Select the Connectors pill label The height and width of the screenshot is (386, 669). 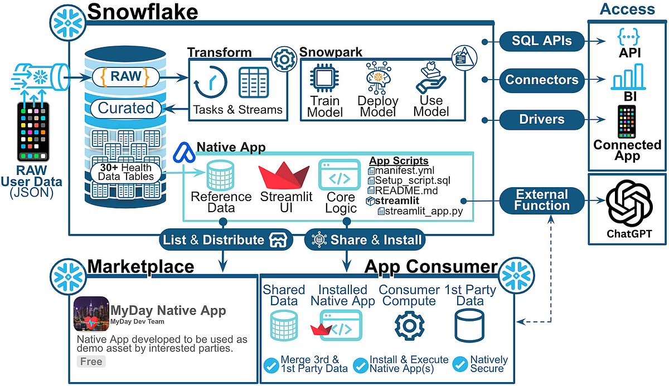click(541, 80)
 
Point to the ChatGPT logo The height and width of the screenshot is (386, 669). click(629, 204)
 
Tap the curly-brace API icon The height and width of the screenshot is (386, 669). click(628, 36)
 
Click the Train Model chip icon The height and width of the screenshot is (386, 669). click(325, 79)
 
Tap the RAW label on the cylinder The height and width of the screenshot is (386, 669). click(127, 76)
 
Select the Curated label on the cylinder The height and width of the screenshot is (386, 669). click(125, 108)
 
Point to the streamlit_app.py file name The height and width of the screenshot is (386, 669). click(419, 211)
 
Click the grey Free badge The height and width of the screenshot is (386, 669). click(91, 361)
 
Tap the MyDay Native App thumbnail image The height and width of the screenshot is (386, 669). click(91, 314)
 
